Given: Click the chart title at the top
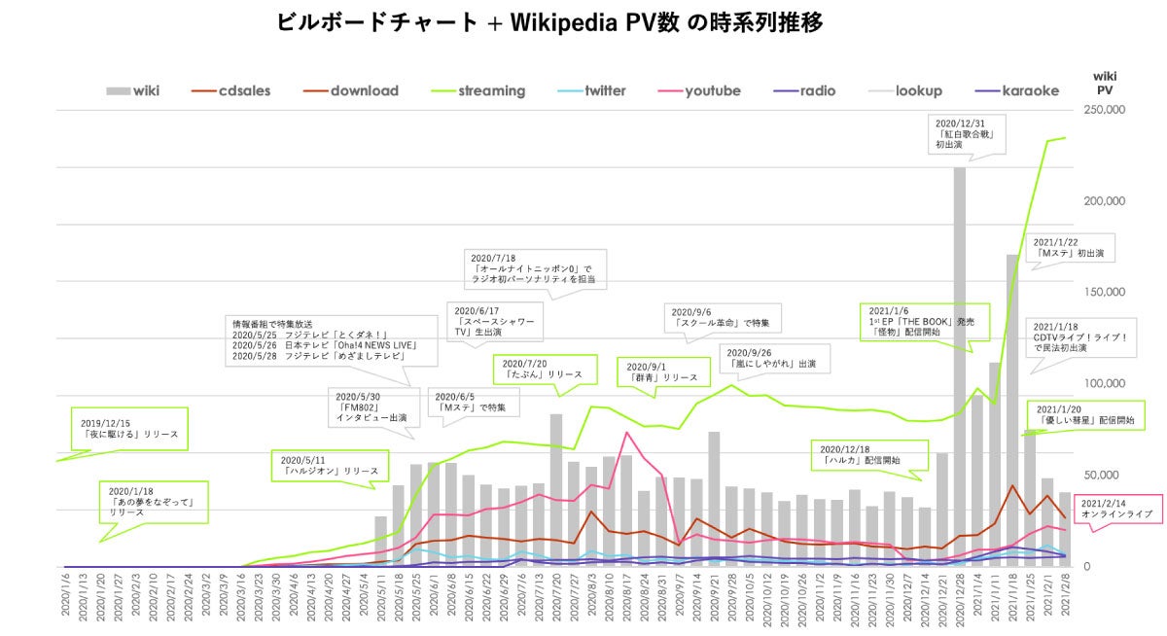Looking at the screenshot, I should click(x=549, y=22).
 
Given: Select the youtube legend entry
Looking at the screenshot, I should click(x=712, y=91).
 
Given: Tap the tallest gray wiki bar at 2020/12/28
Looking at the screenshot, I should click(x=959, y=370).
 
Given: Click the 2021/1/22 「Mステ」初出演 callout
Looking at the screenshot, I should click(x=1072, y=247).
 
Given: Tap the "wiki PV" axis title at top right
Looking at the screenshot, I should click(x=1105, y=82).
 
